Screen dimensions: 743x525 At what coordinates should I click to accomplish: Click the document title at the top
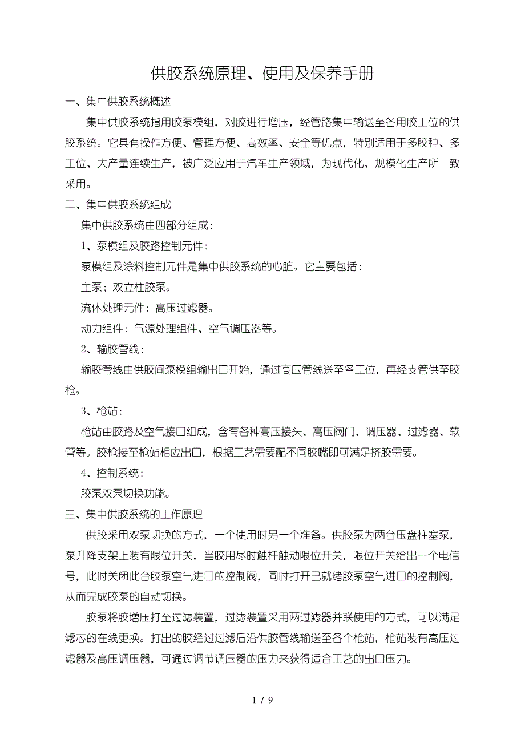[x=262, y=73]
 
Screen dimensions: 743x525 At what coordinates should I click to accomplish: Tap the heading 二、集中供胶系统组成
[x=118, y=204]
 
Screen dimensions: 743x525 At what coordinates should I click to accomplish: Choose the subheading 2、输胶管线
[x=112, y=349]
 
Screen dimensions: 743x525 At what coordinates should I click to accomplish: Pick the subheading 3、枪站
[x=102, y=411]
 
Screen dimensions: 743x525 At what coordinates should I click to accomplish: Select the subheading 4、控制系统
[x=112, y=473]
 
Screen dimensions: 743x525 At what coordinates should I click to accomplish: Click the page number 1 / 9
[x=262, y=700]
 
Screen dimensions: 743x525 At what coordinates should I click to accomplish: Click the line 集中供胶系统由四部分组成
[x=147, y=225]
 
